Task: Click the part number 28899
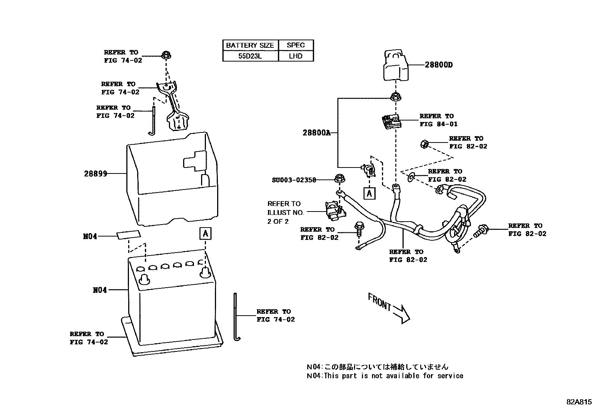[96, 173]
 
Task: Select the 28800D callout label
[438, 65]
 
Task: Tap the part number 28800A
[317, 133]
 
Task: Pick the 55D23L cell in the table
[250, 56]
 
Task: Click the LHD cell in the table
[296, 56]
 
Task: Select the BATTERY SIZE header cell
[250, 45]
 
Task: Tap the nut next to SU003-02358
[339, 179]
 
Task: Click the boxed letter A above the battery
[205, 234]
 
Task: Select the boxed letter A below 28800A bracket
[369, 193]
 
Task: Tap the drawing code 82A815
[579, 402]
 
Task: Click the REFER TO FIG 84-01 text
[438, 120]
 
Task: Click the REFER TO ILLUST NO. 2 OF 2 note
[286, 212]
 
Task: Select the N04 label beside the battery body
[100, 290]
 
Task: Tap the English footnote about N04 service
[385, 376]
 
